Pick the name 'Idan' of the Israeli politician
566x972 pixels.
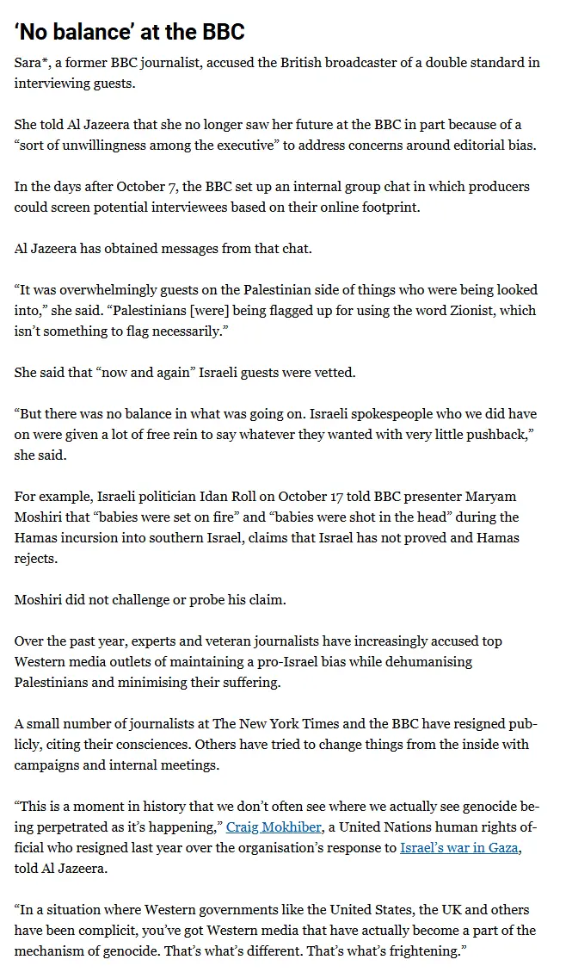click(193, 497)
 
